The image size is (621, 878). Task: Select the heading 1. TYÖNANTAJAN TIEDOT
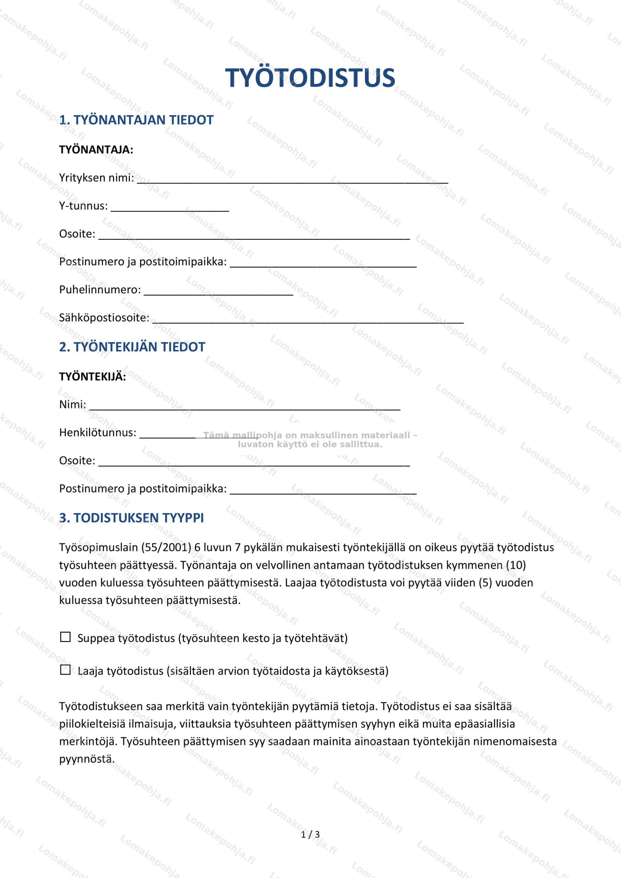pos(136,120)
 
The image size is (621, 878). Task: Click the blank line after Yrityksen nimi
pos(292,180)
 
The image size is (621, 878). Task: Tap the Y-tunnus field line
pos(170,207)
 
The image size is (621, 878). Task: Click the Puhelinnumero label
pos(100,289)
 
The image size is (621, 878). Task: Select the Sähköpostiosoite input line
pos(308,320)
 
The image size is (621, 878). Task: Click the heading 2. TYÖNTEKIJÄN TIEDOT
pos(132,347)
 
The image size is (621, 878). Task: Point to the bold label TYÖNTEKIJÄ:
pos(93,377)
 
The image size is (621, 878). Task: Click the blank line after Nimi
pos(245,406)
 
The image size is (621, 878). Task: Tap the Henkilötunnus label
pos(97,432)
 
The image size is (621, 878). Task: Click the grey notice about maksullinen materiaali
pos(310,440)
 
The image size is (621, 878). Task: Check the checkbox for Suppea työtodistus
pos(65,637)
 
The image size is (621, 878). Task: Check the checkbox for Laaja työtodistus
pos(65,670)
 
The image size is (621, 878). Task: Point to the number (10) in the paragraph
pos(516,565)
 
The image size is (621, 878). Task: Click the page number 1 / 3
pos(310,834)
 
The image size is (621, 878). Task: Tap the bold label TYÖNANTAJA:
pos(96,150)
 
